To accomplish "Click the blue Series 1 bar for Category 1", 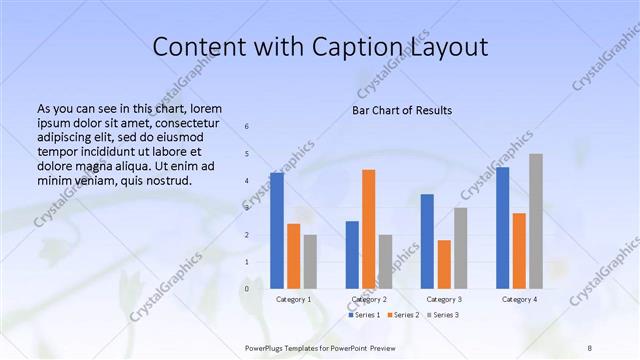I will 277,230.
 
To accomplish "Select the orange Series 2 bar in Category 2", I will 369,229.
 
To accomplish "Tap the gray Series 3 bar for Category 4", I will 536,221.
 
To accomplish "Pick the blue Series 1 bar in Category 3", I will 427,241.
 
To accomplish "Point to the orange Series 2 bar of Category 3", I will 444,264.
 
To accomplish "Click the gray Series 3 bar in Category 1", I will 310,261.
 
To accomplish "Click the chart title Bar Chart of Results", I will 402,110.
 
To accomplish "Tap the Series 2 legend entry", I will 402,315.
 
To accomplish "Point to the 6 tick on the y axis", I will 247,126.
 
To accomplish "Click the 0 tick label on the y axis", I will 247,289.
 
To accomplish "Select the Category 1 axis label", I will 293,299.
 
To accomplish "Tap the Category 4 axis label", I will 519,299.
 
